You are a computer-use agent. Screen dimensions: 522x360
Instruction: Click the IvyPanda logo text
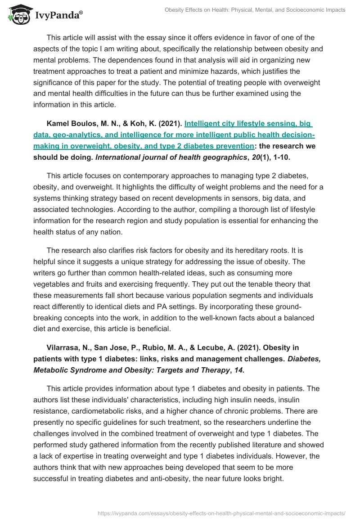pos(58,15)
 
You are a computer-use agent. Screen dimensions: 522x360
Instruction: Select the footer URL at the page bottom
pos(221,513)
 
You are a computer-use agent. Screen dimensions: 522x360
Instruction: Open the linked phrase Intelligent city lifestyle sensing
pos(248,124)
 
